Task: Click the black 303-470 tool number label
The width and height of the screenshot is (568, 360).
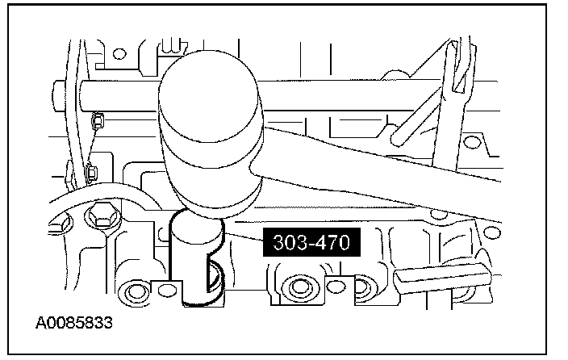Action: point(311,242)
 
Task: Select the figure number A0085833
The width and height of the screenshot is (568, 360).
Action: point(74,323)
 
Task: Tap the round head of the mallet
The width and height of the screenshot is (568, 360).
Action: point(210,134)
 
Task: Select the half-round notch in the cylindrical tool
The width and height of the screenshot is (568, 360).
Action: point(215,275)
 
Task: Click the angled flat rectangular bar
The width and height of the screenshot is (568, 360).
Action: point(442,278)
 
